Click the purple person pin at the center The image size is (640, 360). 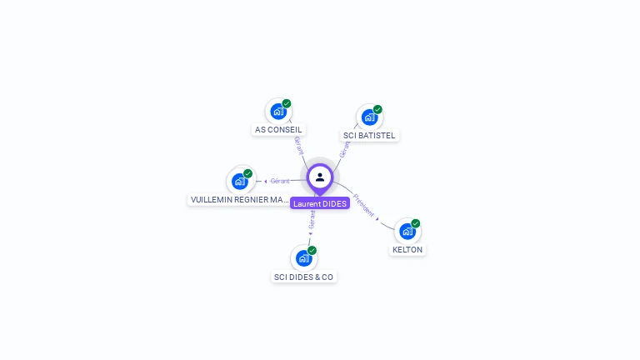click(320, 177)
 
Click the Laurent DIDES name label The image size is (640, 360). click(320, 203)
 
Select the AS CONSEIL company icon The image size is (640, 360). click(278, 111)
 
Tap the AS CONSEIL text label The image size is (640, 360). click(278, 130)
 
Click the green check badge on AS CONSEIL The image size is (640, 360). click(287, 103)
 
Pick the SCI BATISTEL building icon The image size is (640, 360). click(369, 117)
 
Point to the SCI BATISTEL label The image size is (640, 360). click(370, 135)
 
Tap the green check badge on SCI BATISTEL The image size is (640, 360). click(377, 109)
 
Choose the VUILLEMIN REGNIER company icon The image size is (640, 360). click(240, 181)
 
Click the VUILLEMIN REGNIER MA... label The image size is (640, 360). click(239, 200)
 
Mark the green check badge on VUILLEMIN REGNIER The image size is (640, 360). click(247, 173)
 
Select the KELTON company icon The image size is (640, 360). click(407, 231)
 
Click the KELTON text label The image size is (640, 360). click(407, 250)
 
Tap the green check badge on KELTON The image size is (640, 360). click(416, 223)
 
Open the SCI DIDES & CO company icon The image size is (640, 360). click(303, 258)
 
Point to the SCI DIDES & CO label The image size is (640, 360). click(304, 277)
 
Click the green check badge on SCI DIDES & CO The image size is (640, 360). click(312, 250)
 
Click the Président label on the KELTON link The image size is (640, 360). click(363, 205)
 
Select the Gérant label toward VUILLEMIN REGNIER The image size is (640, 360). click(280, 181)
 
